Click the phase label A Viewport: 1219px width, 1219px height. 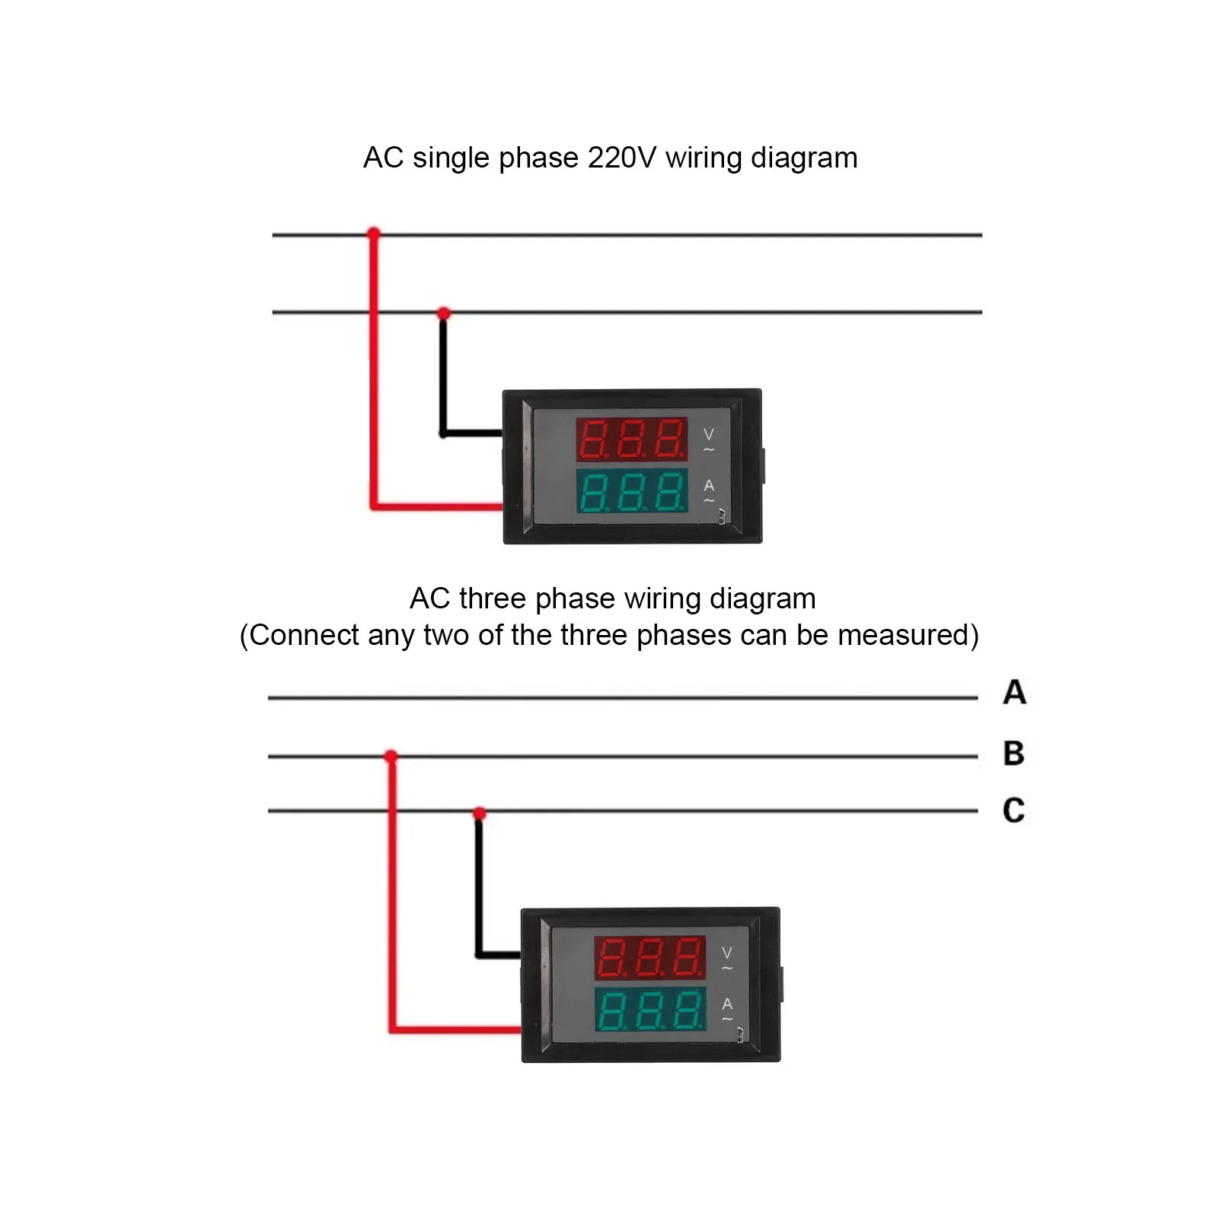(x=1014, y=692)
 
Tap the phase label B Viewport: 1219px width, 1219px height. (x=1013, y=753)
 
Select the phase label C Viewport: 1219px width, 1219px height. (x=1013, y=810)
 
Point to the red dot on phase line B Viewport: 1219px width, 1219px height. (x=391, y=756)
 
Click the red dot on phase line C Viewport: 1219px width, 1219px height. (x=479, y=814)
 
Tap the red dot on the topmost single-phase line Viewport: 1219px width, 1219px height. (x=373, y=233)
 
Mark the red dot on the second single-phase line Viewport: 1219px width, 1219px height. (x=444, y=313)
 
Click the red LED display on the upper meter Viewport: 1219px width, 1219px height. (x=631, y=439)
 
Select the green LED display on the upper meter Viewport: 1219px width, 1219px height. (x=631, y=491)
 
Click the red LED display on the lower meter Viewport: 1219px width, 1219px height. (x=649, y=957)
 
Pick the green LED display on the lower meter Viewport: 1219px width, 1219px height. (x=649, y=1010)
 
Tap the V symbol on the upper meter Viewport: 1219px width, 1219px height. (x=709, y=435)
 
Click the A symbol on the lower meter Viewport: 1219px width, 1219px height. (x=727, y=1004)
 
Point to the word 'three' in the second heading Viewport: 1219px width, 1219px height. (x=493, y=599)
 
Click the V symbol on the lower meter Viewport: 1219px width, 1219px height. (x=727, y=953)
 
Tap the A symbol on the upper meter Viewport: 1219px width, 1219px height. (x=709, y=486)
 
